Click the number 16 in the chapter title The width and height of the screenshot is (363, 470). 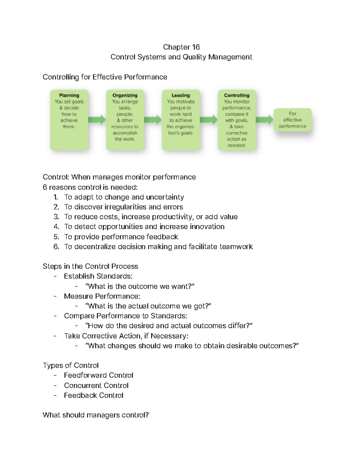tap(196, 47)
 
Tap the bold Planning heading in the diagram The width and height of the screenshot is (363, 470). tap(69, 95)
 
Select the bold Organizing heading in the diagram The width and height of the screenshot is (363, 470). tap(125, 95)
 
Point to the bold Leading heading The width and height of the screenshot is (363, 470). tap(181, 95)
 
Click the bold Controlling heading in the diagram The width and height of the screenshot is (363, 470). tap(237, 95)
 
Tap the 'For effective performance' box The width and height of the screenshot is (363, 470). tap(292, 120)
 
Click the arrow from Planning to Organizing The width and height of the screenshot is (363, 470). tap(97, 120)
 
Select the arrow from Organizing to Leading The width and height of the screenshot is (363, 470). tap(153, 120)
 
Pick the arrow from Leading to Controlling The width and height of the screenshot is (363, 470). tap(209, 120)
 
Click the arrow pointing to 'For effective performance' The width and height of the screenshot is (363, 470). tap(264, 120)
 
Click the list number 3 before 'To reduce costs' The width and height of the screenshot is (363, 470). tap(56, 217)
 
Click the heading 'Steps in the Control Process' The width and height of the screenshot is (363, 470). tap(90, 266)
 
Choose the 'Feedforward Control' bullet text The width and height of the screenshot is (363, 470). tap(98, 375)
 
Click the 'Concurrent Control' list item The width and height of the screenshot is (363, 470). tap(96, 386)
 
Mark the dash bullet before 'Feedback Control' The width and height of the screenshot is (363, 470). tap(55, 395)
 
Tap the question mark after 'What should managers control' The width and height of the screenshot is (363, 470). tap(147, 415)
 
